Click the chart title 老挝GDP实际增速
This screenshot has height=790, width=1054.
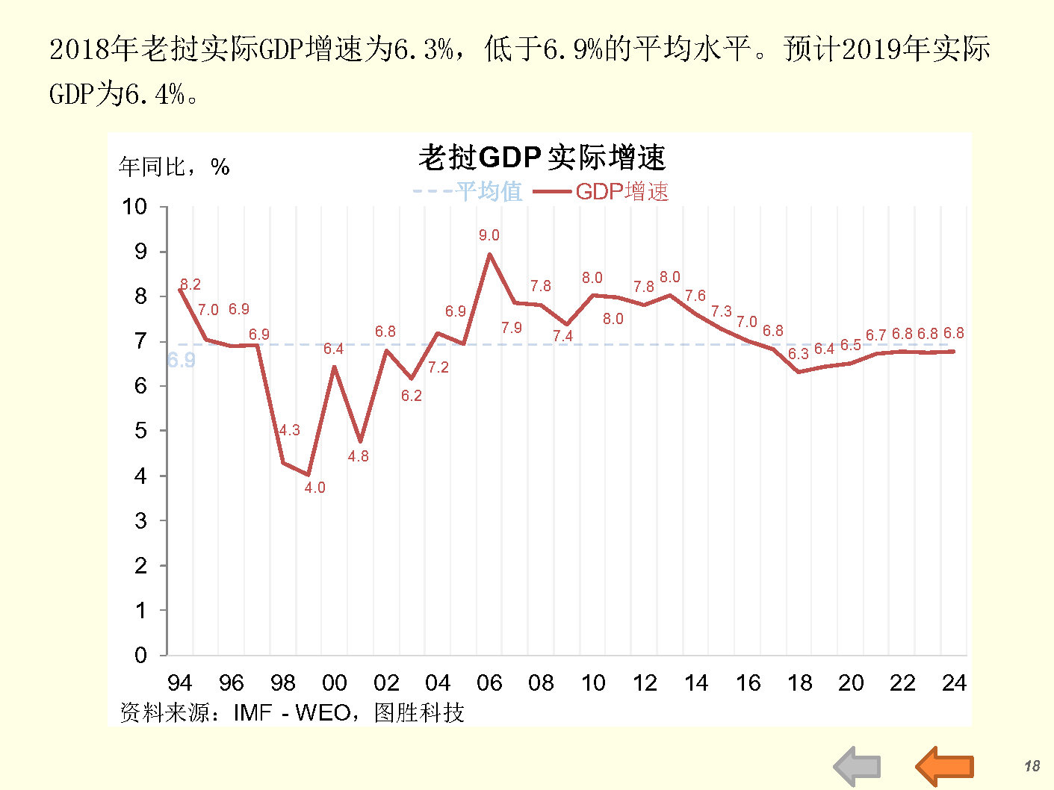[542, 158]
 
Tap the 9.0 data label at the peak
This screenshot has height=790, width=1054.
[489, 235]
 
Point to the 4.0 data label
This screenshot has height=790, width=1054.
[314, 488]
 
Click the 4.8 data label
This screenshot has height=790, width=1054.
[359, 456]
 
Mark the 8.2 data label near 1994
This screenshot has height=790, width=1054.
[190, 284]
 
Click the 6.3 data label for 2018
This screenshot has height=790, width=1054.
[799, 354]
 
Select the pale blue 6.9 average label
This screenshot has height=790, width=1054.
[182, 361]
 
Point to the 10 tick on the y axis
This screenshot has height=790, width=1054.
[135, 207]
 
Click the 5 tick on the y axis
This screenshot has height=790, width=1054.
[140, 431]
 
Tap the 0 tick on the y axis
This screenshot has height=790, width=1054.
[140, 656]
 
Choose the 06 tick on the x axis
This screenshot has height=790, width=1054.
[489, 682]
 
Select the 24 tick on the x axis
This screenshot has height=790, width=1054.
[954, 682]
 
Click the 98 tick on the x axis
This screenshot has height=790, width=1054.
[283, 682]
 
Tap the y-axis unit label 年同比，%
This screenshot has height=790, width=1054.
[174, 167]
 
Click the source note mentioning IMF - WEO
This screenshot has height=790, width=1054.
[292, 712]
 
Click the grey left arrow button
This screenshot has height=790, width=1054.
[858, 765]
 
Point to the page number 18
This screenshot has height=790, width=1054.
[1032, 766]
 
